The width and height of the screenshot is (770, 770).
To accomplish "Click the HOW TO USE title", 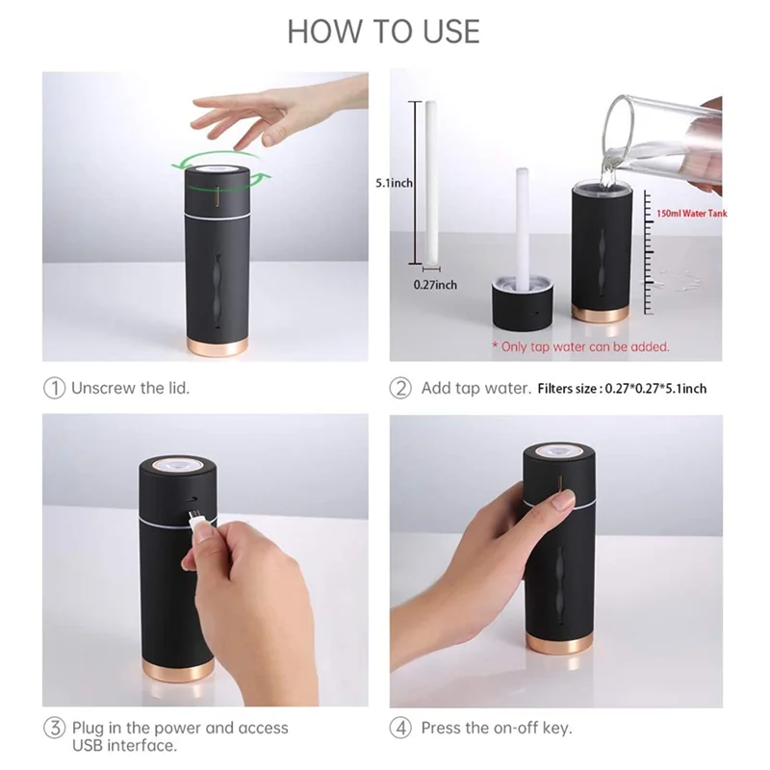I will tap(383, 31).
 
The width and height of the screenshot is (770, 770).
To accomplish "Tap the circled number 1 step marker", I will tap(56, 389).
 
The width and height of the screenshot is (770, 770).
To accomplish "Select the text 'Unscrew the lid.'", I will tap(132, 389).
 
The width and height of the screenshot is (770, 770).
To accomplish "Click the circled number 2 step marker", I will tap(400, 389).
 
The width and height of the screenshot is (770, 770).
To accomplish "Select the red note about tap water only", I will tap(580, 346).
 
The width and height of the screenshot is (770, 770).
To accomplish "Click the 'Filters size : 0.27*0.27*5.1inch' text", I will tap(622, 389).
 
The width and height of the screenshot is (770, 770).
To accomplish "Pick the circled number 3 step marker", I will tap(56, 728).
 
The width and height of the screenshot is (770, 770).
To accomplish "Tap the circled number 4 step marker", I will tap(400, 728).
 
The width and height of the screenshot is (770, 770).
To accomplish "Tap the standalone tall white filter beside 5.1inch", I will tap(423, 183).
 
